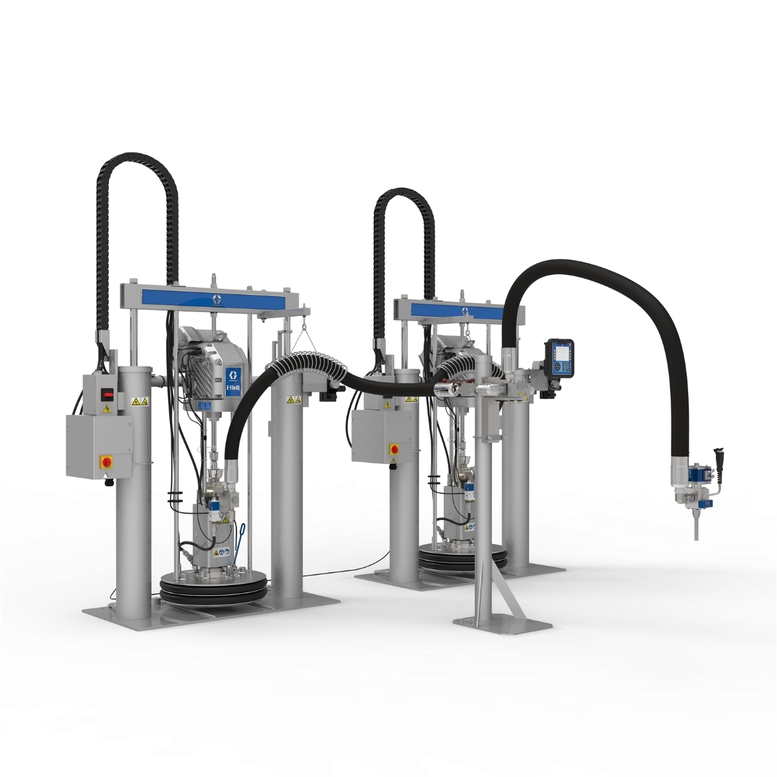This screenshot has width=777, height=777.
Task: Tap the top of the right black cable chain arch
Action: point(403,193)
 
